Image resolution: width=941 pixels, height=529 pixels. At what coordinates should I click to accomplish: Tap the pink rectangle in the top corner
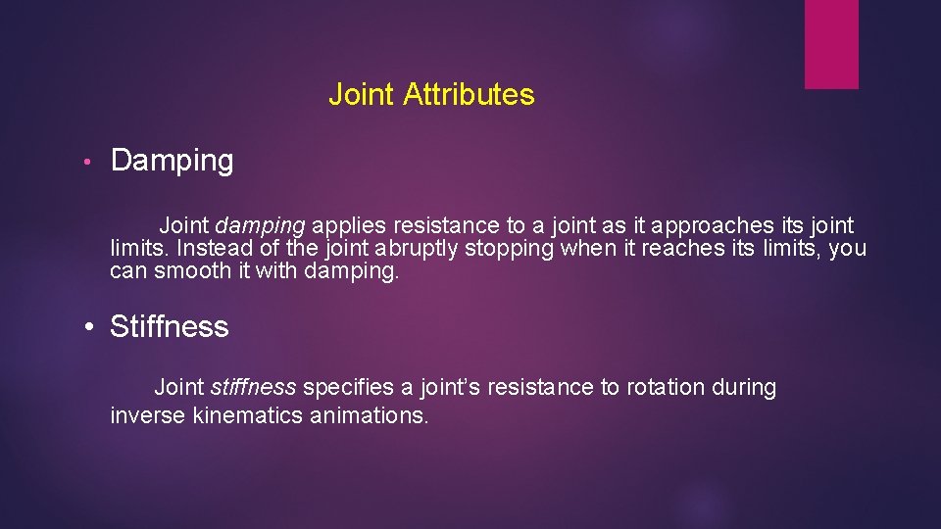pos(831,44)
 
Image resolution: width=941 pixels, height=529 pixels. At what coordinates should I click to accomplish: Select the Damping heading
pos(172,161)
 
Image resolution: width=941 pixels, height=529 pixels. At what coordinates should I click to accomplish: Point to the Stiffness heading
pos(169,327)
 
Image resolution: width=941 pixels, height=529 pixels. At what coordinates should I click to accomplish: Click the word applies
pos(349,225)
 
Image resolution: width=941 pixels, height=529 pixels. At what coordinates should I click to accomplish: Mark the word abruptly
pos(415,248)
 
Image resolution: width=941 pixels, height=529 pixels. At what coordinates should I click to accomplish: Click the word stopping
pos(509,249)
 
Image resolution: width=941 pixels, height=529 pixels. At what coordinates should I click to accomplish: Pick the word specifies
pos(359,388)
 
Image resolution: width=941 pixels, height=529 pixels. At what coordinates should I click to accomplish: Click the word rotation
pos(666,388)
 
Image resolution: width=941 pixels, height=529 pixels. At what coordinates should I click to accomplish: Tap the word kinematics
pos(248,415)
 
